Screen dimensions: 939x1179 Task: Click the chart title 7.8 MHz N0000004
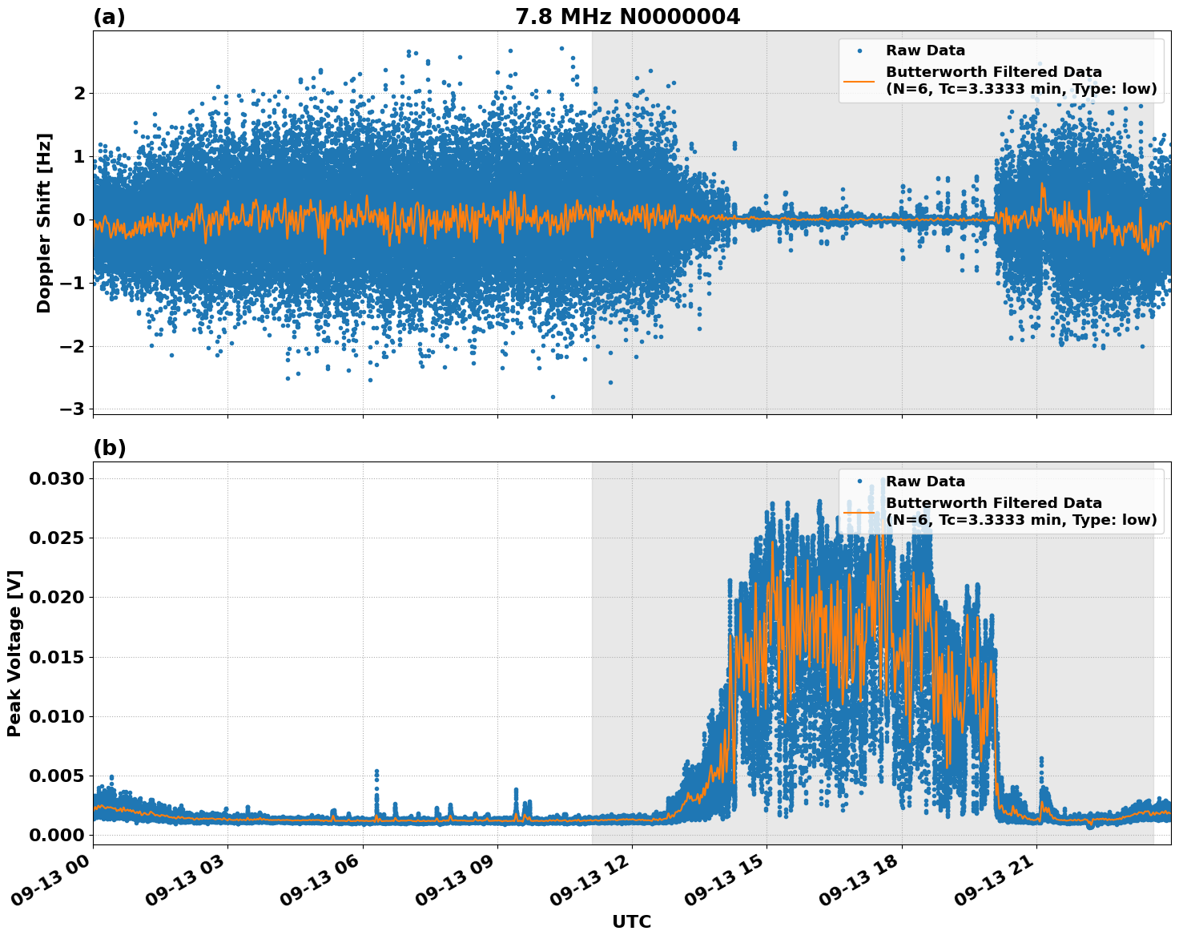[x=627, y=16]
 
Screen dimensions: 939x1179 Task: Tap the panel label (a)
[x=109, y=17]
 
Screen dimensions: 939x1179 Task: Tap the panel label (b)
[x=109, y=448]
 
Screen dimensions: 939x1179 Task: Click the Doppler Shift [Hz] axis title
[x=44, y=223]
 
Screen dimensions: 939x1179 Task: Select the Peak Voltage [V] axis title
[x=14, y=653]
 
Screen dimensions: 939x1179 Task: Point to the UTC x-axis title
[x=631, y=921]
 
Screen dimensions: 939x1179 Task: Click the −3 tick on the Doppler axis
[x=72, y=409]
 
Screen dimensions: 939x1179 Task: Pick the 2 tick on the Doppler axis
[x=79, y=93]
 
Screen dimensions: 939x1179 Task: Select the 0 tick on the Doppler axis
[x=79, y=220]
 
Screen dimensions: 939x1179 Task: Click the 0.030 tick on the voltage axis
[x=56, y=478]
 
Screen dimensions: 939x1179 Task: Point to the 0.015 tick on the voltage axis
[x=56, y=657]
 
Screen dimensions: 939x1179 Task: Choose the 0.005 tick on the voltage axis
[x=56, y=776]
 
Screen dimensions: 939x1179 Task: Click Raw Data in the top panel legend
[x=925, y=50]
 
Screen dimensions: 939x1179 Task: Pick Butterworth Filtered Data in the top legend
[x=993, y=72]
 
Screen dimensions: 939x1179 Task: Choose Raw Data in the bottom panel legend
[x=925, y=482]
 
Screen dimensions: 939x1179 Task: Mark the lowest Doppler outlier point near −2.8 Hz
[x=553, y=397]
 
